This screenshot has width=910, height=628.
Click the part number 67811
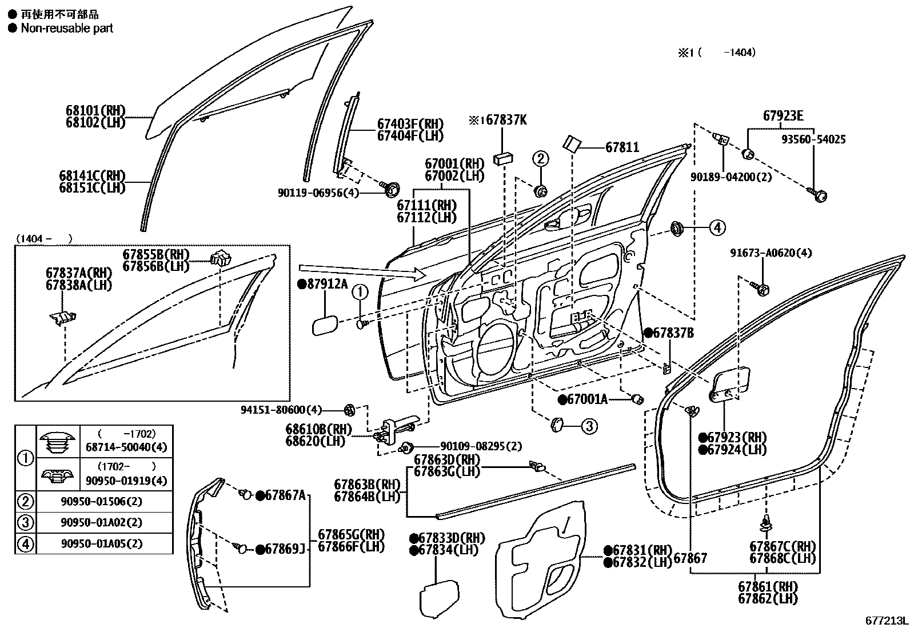pyautogui.click(x=622, y=148)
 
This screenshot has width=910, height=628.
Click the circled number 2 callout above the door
pyautogui.click(x=541, y=158)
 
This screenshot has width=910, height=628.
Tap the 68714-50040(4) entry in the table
pyautogui.click(x=127, y=447)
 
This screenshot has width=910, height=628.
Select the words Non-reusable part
pyautogui.click(x=67, y=28)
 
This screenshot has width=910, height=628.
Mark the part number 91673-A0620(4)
pyautogui.click(x=771, y=253)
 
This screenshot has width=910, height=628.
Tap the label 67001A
pyautogui.click(x=587, y=399)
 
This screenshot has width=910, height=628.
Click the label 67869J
pyautogui.click(x=285, y=549)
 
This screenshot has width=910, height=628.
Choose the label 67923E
pyautogui.click(x=783, y=117)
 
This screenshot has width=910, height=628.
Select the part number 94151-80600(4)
pyautogui.click(x=281, y=409)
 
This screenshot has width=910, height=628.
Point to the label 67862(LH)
pyautogui.click(x=768, y=598)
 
